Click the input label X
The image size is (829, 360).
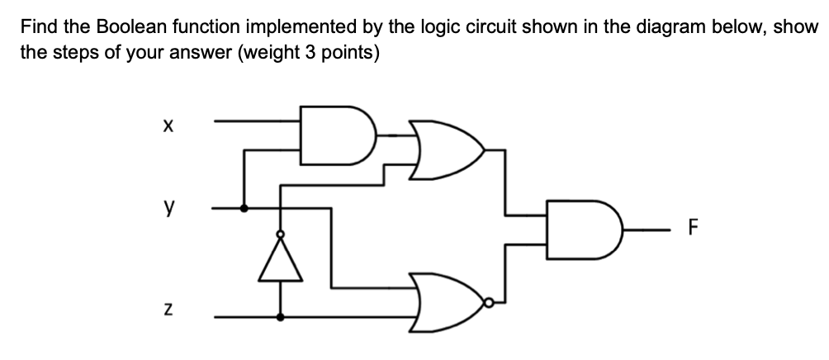[x=168, y=127]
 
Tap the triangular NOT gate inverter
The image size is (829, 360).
[x=281, y=259]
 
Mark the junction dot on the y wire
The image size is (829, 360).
[x=244, y=209]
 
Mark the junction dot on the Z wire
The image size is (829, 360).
[x=281, y=316]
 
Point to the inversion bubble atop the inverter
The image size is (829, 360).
[x=281, y=235]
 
